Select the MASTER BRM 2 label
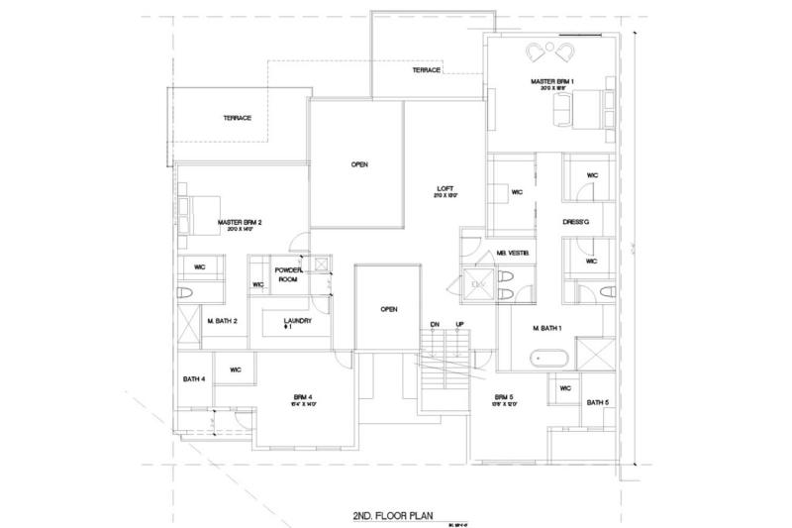tap(239, 223)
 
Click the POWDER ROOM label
tap(287, 274)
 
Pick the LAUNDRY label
tap(297, 323)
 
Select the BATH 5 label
tap(597, 403)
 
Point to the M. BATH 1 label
tap(546, 328)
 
